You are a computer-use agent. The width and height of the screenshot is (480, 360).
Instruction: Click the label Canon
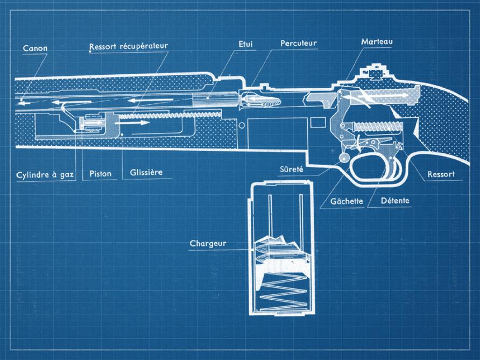(x=35, y=48)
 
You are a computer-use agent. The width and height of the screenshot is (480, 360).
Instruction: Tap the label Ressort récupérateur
(x=129, y=46)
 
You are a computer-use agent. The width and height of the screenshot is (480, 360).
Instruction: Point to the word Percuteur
(x=299, y=43)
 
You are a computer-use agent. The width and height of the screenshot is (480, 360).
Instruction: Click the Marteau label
(x=377, y=41)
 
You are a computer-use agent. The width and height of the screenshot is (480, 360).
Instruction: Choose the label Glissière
(x=146, y=173)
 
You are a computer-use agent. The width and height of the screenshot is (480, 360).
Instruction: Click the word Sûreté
(x=291, y=170)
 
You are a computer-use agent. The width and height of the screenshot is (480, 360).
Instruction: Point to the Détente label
(x=395, y=201)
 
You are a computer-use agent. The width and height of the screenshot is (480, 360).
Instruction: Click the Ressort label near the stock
(x=441, y=174)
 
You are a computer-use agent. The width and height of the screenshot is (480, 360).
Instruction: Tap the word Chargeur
(x=208, y=243)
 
